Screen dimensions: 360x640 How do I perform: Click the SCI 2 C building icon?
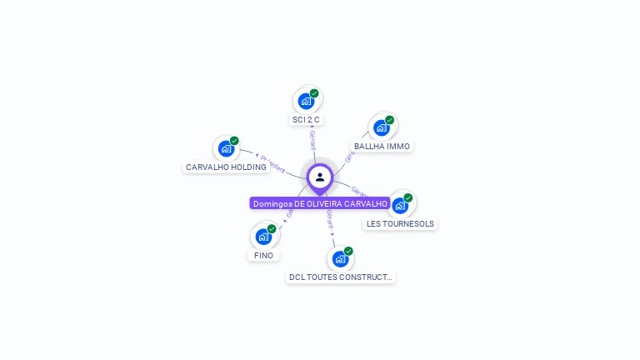[306, 102]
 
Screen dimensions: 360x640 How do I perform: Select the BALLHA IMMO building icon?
[382, 127]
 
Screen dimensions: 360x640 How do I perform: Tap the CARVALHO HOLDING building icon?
[226, 149]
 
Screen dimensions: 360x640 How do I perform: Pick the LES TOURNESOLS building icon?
[400, 205]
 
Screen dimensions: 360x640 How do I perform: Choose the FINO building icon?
[263, 237]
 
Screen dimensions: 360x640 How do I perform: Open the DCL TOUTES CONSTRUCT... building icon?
[340, 259]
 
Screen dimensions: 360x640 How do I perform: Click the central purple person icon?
[320, 177]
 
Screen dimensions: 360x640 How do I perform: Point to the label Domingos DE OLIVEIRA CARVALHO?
[320, 203]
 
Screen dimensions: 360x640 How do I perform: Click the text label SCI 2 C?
[306, 120]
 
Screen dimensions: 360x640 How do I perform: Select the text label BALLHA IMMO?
[382, 147]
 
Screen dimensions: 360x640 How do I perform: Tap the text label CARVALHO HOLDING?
[226, 167]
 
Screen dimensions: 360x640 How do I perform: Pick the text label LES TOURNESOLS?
[400, 224]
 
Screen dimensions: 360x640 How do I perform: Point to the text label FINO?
[263, 256]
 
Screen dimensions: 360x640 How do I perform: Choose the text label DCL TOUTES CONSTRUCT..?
[340, 277]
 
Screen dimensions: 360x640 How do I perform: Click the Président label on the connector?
[272, 160]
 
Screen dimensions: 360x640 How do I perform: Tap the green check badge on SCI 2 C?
[314, 93]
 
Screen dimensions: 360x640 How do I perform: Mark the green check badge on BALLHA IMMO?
[389, 120]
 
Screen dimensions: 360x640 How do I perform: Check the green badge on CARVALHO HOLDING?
[234, 141]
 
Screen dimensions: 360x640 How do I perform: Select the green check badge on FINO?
[272, 229]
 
